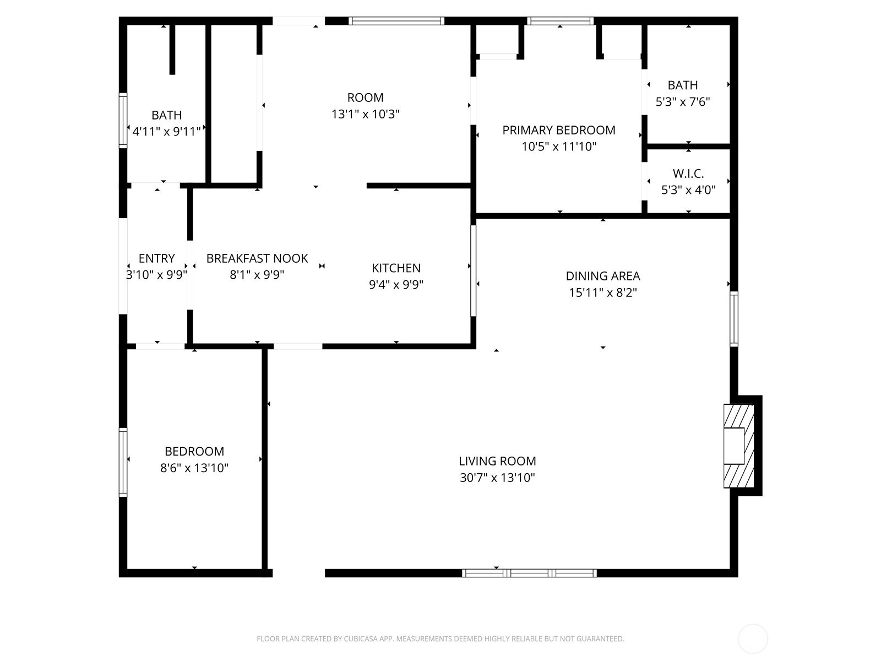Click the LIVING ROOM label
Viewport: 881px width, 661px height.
497,461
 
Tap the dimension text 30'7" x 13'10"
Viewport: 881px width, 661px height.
497,478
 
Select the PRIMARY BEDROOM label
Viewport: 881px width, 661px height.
559,130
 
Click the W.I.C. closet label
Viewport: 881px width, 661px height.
688,174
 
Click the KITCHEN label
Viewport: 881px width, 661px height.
396,268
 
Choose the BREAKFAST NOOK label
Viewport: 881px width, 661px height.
257,258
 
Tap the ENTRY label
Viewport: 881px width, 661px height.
156,258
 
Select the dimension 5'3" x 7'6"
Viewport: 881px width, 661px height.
683,102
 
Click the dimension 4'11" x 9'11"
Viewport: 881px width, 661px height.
167,132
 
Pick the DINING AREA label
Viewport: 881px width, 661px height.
603,276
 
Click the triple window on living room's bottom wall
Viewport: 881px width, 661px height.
529,573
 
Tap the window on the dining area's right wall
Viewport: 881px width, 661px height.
734,319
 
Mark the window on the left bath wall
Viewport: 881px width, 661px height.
123,121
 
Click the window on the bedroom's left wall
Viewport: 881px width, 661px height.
123,463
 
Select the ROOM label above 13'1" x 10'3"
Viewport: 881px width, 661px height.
365,97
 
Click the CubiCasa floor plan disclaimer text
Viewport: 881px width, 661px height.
440,639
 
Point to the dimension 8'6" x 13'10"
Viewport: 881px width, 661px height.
194,468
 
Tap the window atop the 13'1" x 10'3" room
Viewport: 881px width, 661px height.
396,21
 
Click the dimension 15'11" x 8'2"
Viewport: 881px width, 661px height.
603,292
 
